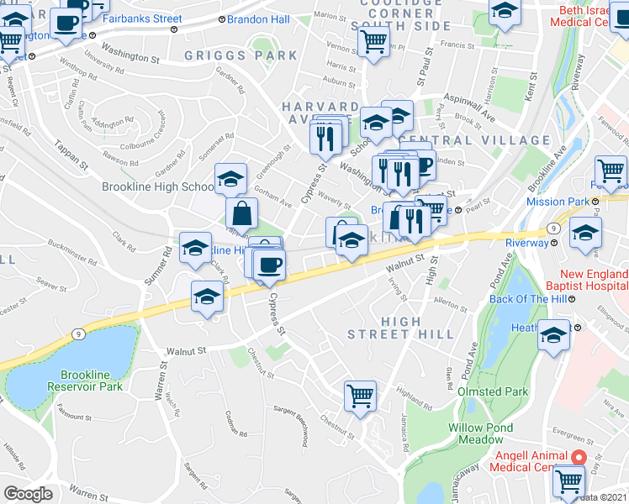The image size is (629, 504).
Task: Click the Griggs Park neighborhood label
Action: tap(241, 55)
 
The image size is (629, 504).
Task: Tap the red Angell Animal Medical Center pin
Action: tap(577, 457)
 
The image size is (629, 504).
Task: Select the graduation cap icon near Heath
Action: tap(554, 334)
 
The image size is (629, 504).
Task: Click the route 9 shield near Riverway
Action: tap(553, 228)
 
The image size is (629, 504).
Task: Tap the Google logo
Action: tap(28, 494)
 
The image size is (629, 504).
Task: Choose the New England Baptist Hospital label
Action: tap(585, 281)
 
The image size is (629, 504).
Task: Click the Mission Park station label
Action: tap(558, 202)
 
